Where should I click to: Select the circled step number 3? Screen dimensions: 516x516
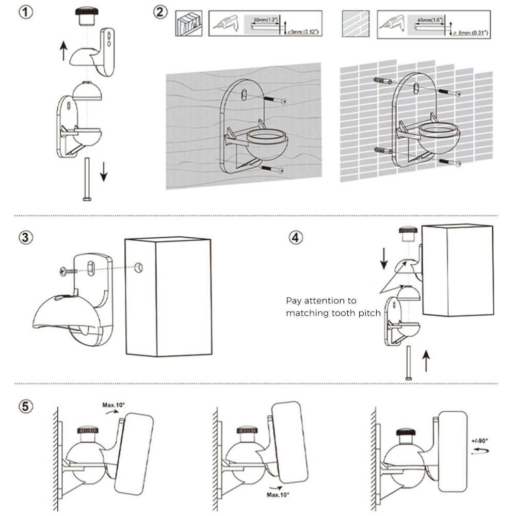[x=26, y=238]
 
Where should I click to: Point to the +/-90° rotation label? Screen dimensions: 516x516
[x=479, y=441]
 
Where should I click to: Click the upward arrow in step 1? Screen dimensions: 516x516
[x=63, y=51]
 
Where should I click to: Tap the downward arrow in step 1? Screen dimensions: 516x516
[x=104, y=171]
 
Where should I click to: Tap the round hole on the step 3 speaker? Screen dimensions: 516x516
[x=138, y=268]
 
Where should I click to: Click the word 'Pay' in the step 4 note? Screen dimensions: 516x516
[x=294, y=300]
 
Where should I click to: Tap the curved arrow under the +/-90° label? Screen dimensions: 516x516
[x=481, y=450]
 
